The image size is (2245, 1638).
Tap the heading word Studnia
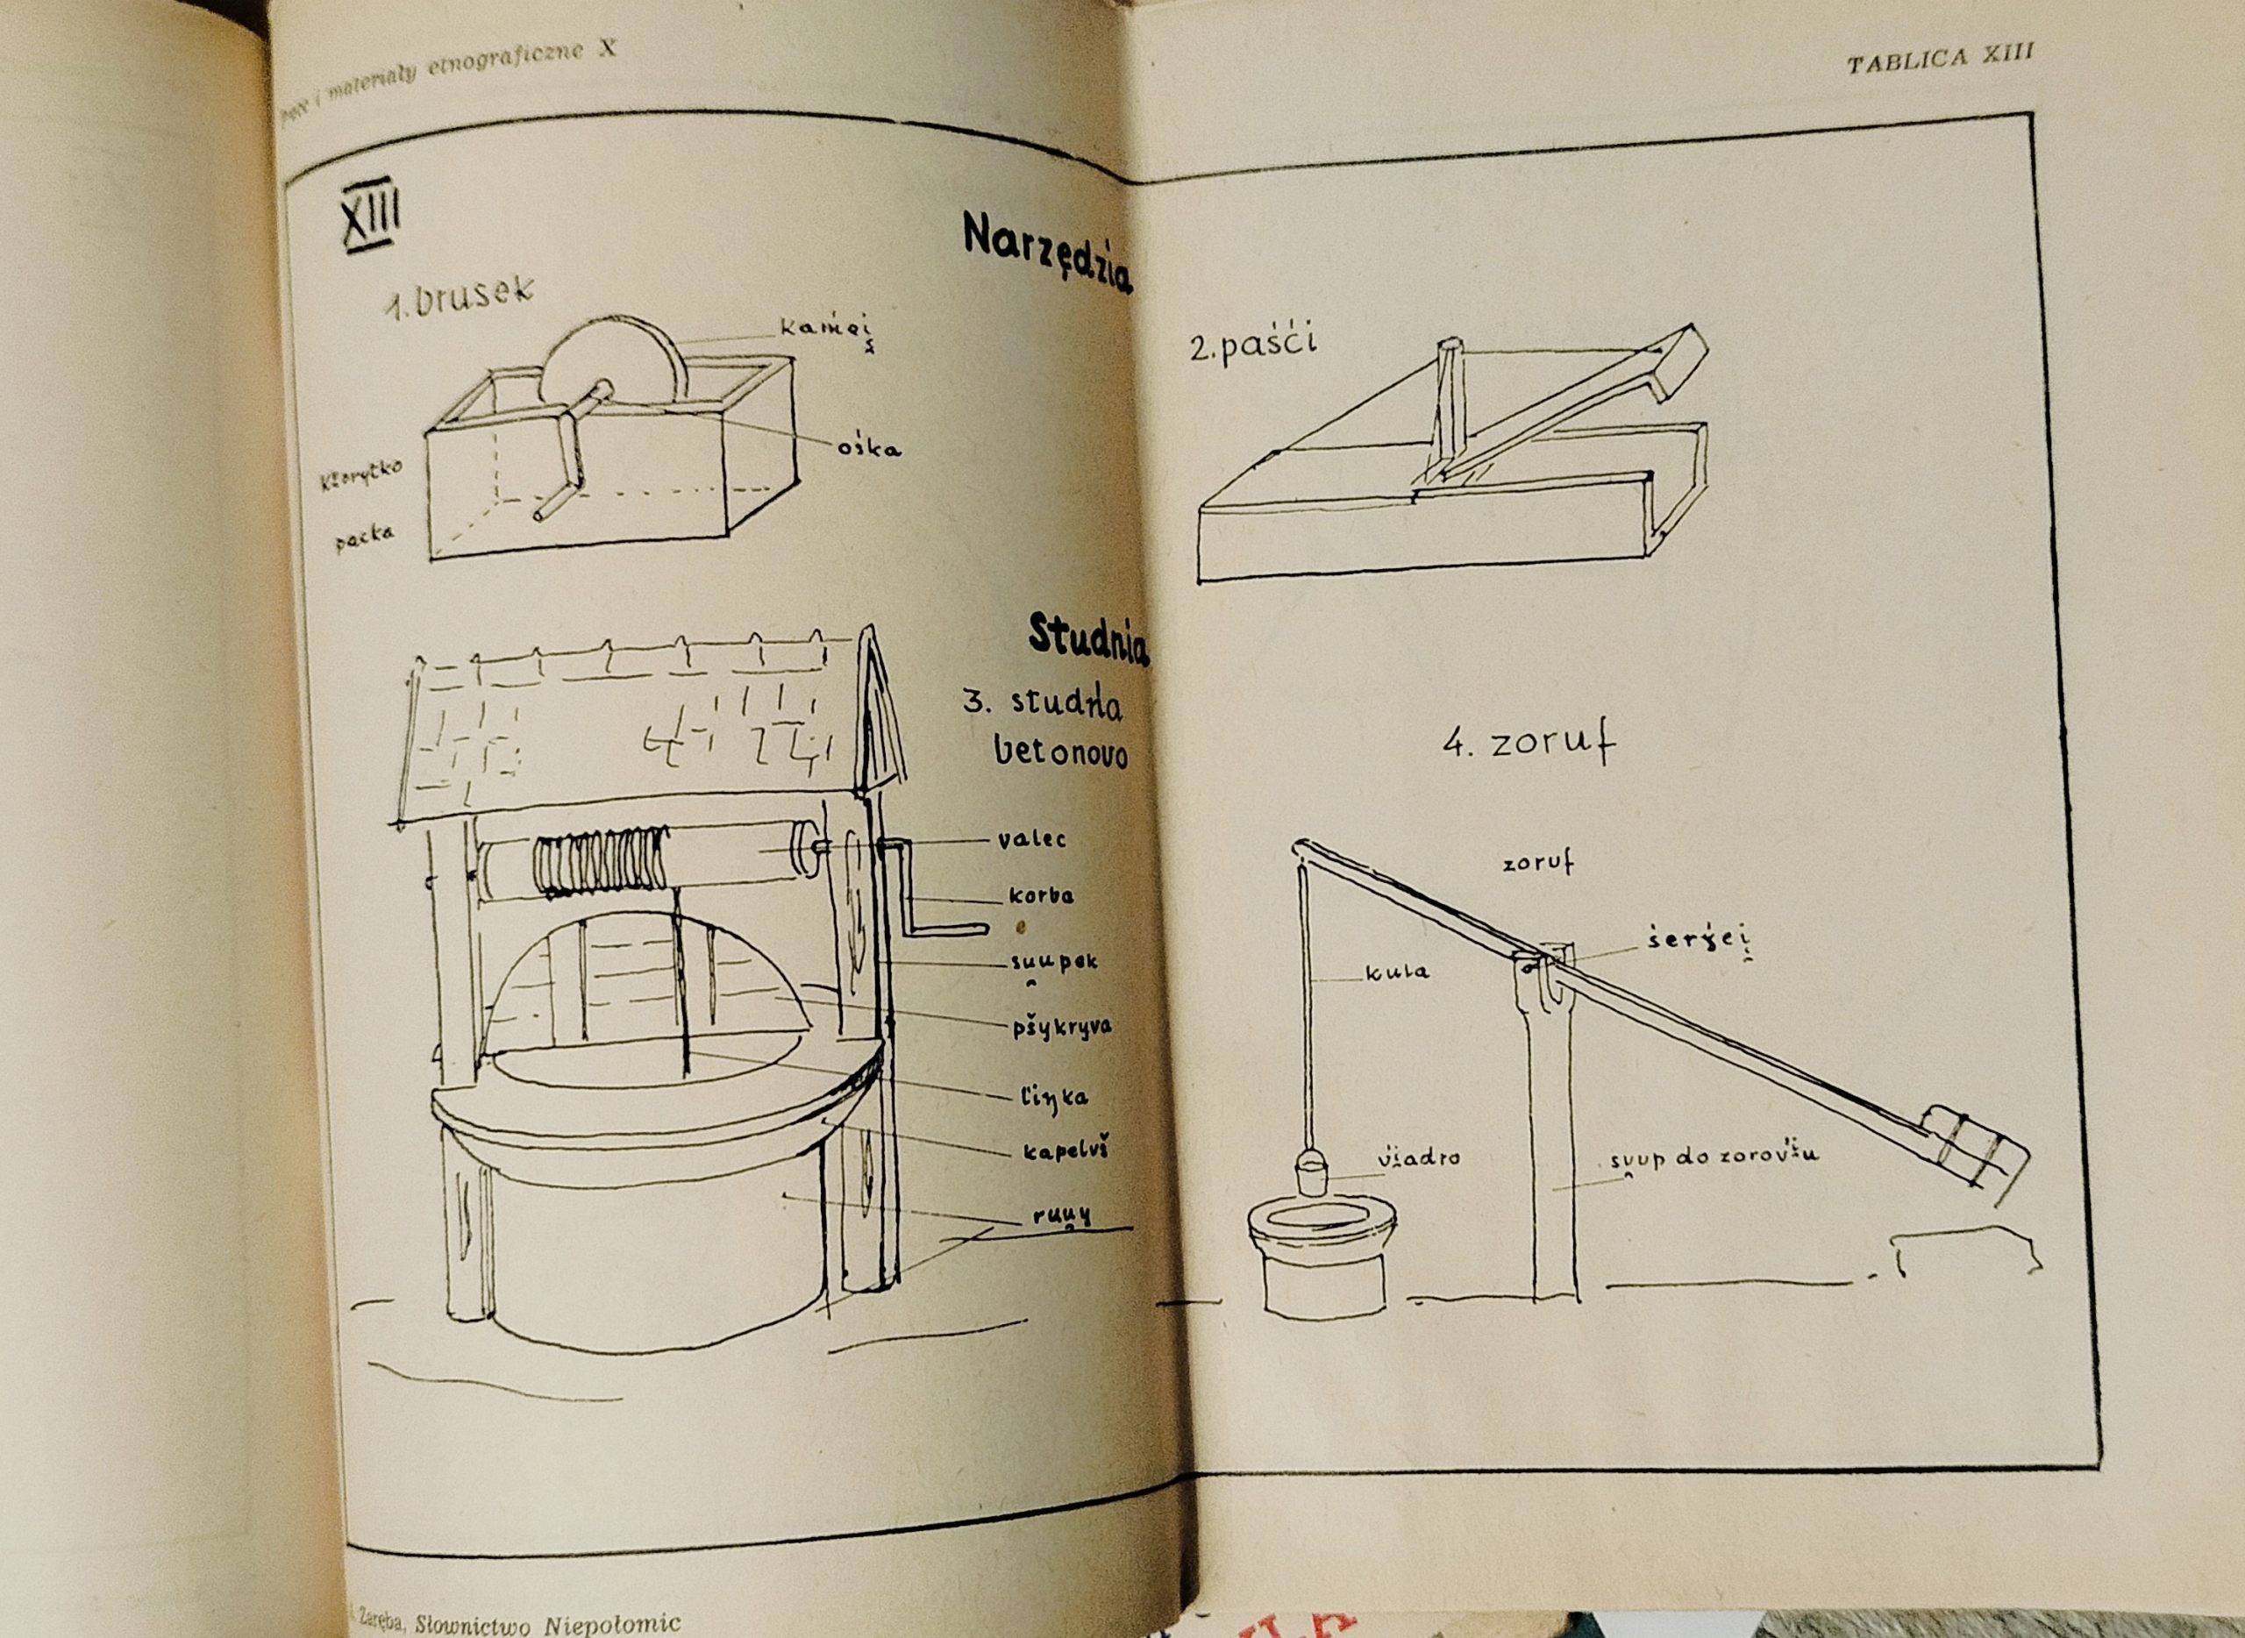(x=1087, y=637)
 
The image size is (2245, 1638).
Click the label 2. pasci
(x=1253, y=346)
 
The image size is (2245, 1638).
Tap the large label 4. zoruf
(x=1528, y=744)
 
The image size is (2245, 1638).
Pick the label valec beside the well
(x=1031, y=839)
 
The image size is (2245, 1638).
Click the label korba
(x=1040, y=895)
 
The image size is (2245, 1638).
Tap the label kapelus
(x=1065, y=1151)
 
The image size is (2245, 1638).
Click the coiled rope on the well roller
(x=601, y=862)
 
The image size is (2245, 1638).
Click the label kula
(x=1397, y=972)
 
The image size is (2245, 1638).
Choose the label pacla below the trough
(x=364, y=536)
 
